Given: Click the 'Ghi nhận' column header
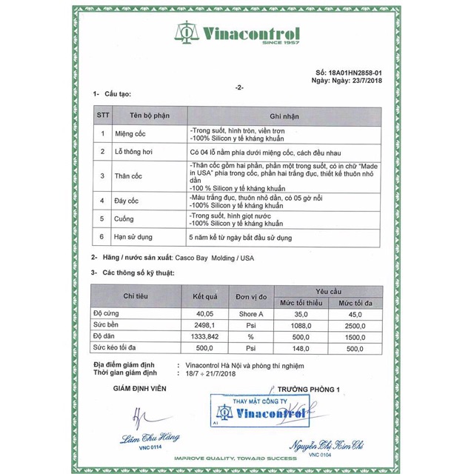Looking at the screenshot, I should pos(284,116).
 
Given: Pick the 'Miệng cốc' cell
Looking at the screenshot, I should pos(132,134).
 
